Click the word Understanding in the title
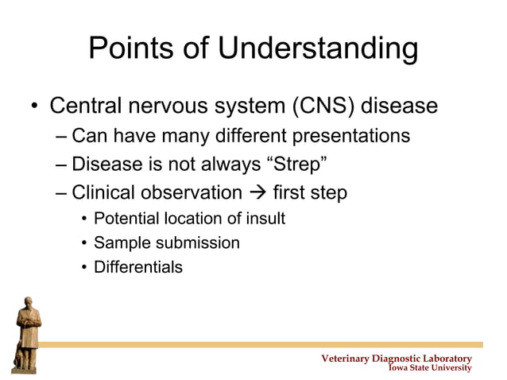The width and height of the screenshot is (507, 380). click(318, 49)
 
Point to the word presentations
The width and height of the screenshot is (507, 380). click(351, 136)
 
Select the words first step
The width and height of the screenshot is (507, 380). click(309, 193)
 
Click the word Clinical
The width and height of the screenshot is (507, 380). click(101, 193)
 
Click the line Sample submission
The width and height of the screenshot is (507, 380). click(166, 243)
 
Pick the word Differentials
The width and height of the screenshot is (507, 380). click(137, 267)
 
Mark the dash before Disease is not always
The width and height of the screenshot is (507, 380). click(62, 165)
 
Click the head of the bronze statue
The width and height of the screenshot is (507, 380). click(30, 304)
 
